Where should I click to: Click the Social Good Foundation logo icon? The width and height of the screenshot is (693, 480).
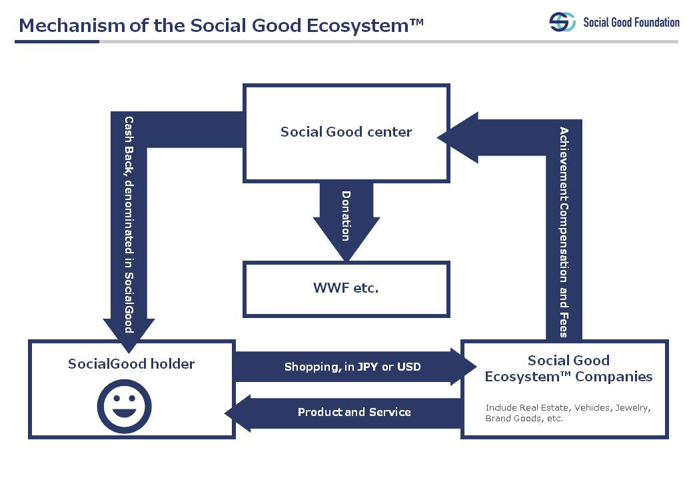562,22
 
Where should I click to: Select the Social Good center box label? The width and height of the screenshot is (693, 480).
346,131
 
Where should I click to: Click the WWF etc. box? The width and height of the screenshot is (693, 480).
346,289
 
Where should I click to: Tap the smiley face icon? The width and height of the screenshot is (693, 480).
125,406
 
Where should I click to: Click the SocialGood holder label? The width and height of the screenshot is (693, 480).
131,364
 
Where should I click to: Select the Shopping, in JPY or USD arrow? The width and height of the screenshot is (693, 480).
352,367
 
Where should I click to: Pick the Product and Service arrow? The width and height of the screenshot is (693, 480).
354,412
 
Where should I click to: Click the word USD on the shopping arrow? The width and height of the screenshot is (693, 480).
408,367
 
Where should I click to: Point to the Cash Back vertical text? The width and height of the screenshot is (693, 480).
129,224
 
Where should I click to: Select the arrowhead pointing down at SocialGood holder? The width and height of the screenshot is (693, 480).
129,333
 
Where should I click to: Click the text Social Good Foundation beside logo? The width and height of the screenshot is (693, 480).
631,22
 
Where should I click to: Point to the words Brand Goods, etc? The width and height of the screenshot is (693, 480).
524,419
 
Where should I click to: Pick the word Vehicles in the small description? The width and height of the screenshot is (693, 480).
592,407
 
